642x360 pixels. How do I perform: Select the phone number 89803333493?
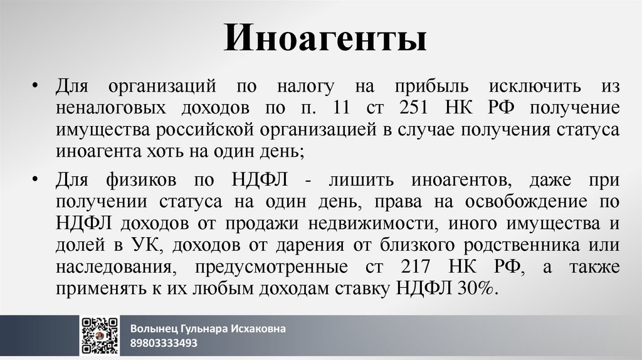pyautogui.click(x=164, y=343)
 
